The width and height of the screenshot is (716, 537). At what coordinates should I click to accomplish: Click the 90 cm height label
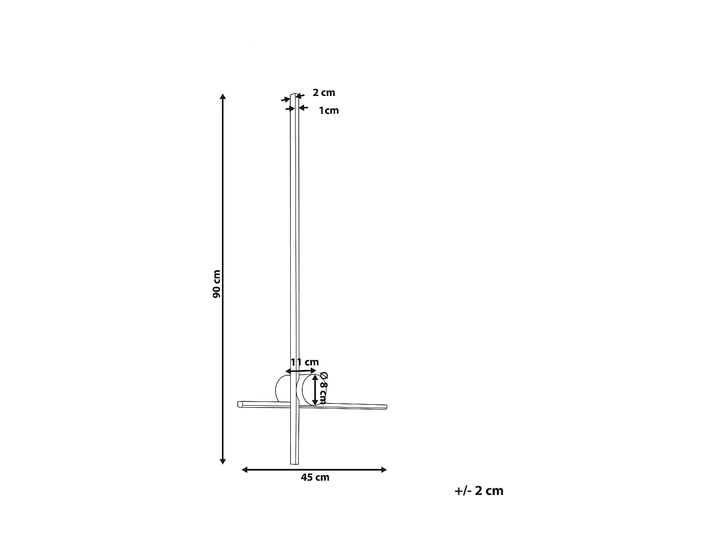[216, 284]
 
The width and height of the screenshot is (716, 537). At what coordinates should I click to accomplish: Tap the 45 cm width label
[315, 477]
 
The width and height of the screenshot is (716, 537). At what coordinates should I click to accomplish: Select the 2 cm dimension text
[324, 93]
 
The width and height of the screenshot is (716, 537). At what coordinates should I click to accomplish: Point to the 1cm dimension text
[328, 111]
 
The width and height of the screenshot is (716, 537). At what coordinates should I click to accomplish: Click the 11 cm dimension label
[305, 362]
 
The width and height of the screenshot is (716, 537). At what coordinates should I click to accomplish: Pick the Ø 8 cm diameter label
[323, 387]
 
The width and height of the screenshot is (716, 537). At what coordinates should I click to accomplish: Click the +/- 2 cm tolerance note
[479, 491]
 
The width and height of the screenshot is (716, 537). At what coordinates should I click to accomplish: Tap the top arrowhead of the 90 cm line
[222, 97]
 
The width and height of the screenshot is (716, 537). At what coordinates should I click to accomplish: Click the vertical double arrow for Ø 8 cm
[315, 390]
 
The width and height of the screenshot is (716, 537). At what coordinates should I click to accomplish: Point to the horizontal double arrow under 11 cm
[301, 371]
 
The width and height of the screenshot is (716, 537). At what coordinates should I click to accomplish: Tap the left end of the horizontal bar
[240, 404]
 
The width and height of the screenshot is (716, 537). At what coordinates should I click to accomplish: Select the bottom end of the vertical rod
[294, 462]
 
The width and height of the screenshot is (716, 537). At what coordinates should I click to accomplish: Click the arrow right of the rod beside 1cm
[304, 108]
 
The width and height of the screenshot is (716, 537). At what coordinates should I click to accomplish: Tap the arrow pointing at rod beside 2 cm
[300, 95]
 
